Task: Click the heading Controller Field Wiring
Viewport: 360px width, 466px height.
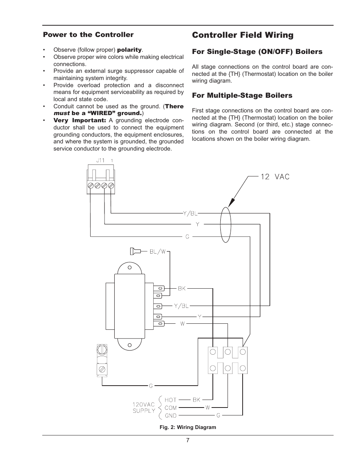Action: pyautogui.click(x=242, y=35)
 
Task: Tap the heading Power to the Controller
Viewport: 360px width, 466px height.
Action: pyautogui.click(x=88, y=35)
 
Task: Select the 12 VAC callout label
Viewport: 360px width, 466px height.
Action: pyautogui.click(x=275, y=177)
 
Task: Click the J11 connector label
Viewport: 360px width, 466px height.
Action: pyautogui.click(x=100, y=160)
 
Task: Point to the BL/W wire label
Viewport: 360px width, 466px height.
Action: pyautogui.click(x=157, y=251)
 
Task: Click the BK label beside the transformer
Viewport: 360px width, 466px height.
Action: pyautogui.click(x=182, y=288)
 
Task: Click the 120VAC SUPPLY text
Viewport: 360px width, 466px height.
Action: pyautogui.click(x=144, y=408)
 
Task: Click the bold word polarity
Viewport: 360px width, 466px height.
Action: pyautogui.click(x=129, y=50)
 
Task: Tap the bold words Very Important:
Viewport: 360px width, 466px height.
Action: pyautogui.click(x=80, y=120)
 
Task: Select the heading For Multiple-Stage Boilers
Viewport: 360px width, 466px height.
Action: pyautogui.click(x=242, y=95)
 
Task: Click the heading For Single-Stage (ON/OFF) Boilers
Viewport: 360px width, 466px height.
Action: pyautogui.click(x=257, y=52)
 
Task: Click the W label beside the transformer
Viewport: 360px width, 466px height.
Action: pyautogui.click(x=182, y=324)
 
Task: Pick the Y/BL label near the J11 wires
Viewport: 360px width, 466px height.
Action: pyautogui.click(x=191, y=214)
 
